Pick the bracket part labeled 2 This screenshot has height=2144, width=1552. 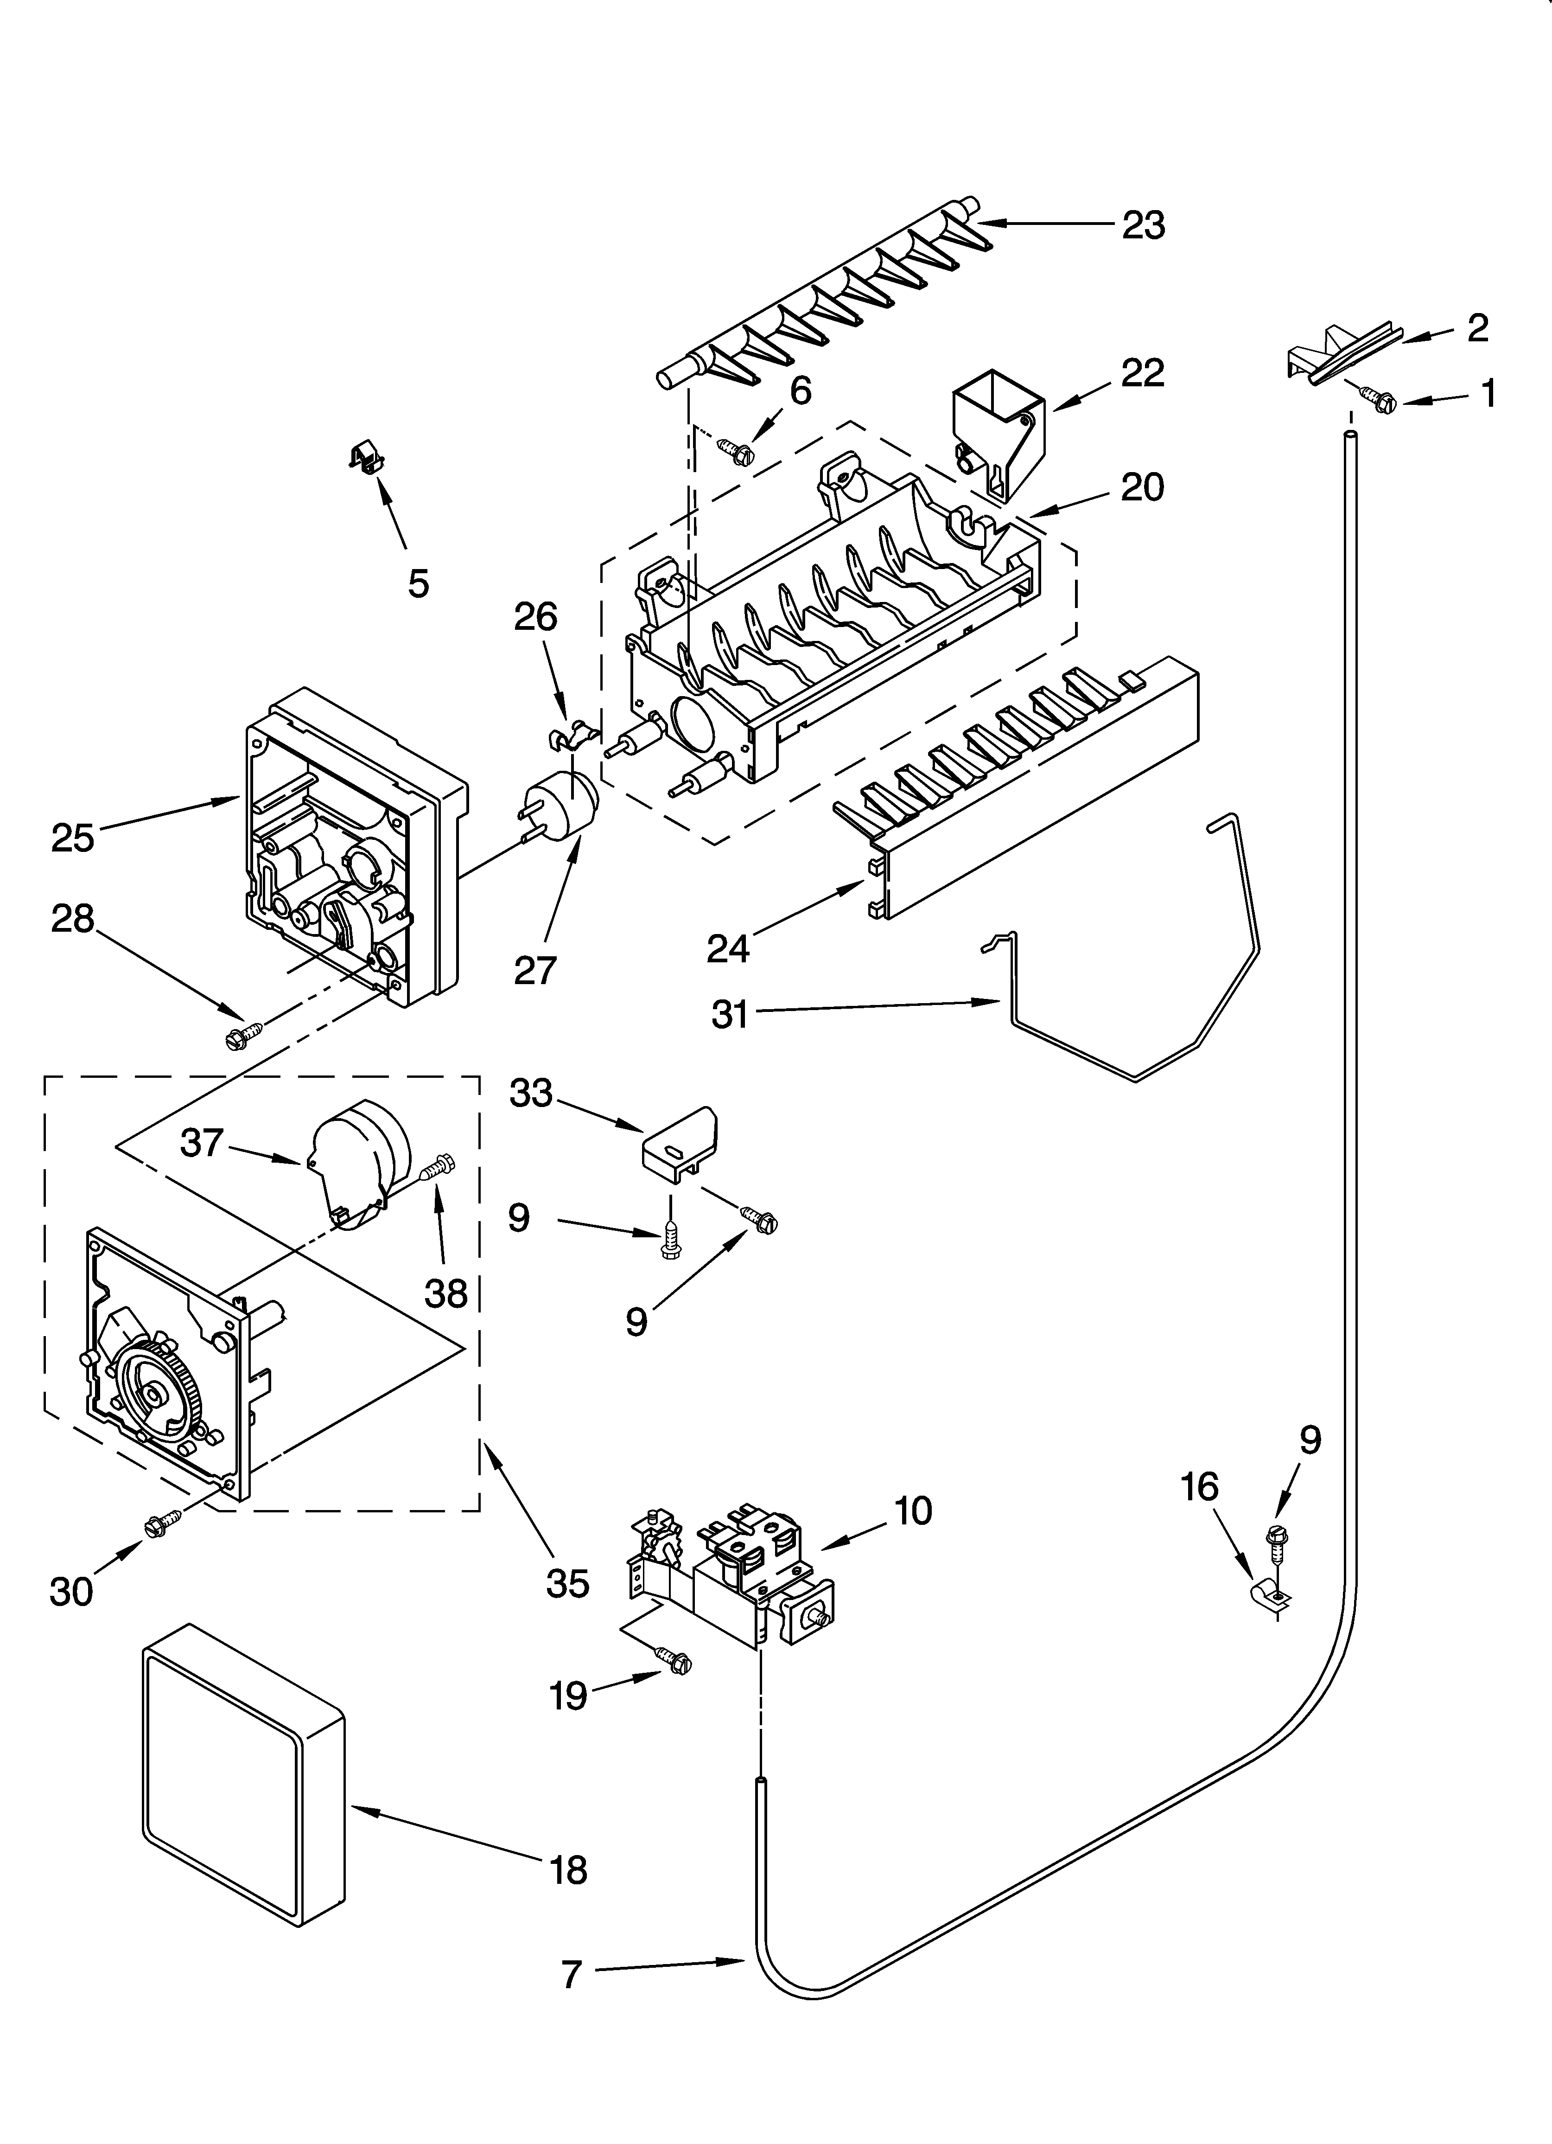click(1340, 354)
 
